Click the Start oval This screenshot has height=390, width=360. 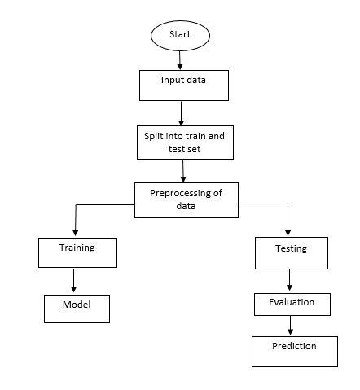pos(180,35)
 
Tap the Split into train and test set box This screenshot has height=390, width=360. pos(184,142)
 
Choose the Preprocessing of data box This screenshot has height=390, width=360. pos(186,200)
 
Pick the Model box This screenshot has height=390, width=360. pos(76,308)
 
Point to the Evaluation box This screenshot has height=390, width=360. pos(290,304)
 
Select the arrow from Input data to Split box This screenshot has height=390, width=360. pos(182,112)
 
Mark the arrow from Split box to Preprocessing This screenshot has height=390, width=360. pos(185,170)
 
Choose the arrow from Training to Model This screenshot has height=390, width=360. pos(75,281)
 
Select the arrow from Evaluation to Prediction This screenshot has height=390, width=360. pos(289,326)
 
